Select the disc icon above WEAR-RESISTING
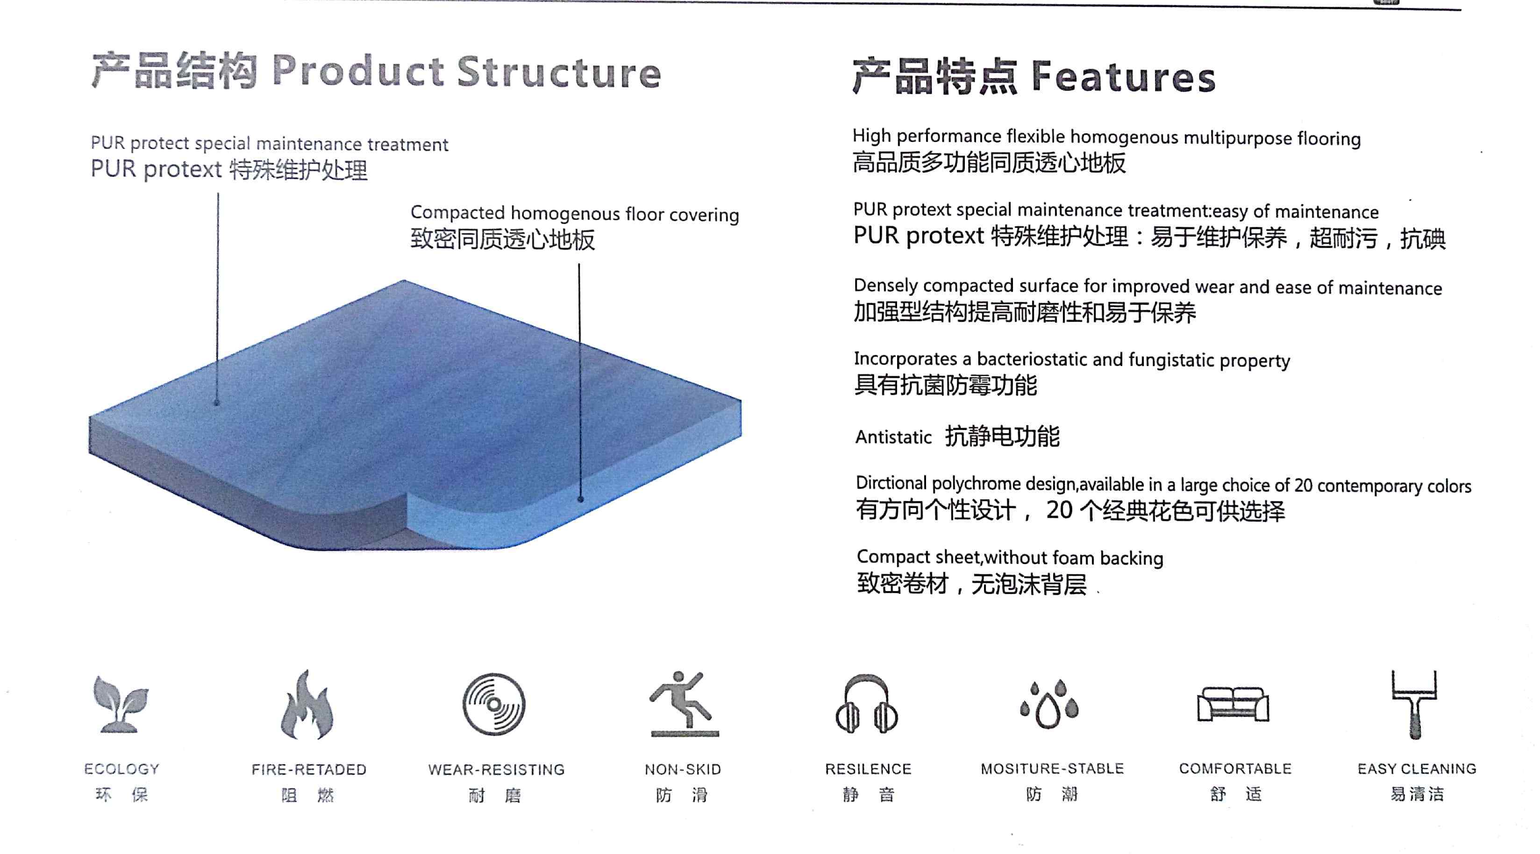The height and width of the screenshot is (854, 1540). (494, 704)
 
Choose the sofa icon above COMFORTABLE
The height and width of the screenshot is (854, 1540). (1233, 704)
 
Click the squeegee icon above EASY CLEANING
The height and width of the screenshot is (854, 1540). (1414, 704)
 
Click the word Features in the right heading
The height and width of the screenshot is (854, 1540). (1123, 77)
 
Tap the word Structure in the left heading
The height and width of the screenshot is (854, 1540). (559, 72)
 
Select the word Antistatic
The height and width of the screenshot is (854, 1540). (893, 437)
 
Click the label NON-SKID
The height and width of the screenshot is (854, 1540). (683, 769)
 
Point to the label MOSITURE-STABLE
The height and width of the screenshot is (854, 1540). (1052, 769)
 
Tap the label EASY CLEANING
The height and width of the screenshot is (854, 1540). (1417, 769)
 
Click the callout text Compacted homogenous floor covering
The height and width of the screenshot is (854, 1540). (575, 214)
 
